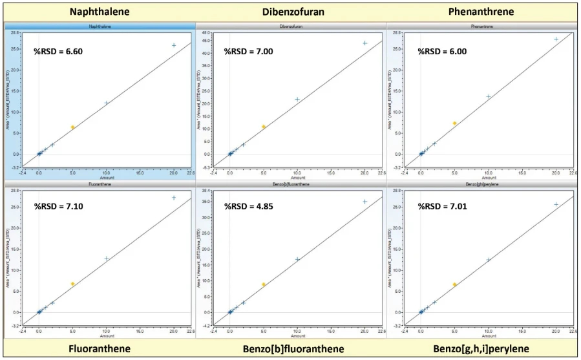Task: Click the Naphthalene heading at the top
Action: [x=100, y=12]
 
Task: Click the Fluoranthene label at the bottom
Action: [x=100, y=348]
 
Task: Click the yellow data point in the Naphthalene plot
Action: [x=72, y=127]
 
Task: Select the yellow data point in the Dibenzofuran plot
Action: [x=264, y=127]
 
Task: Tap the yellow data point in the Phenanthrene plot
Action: [x=455, y=123]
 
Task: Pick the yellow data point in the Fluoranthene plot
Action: [x=73, y=284]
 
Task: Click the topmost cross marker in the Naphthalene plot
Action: [x=174, y=45]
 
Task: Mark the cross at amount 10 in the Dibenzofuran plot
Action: [x=297, y=99]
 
